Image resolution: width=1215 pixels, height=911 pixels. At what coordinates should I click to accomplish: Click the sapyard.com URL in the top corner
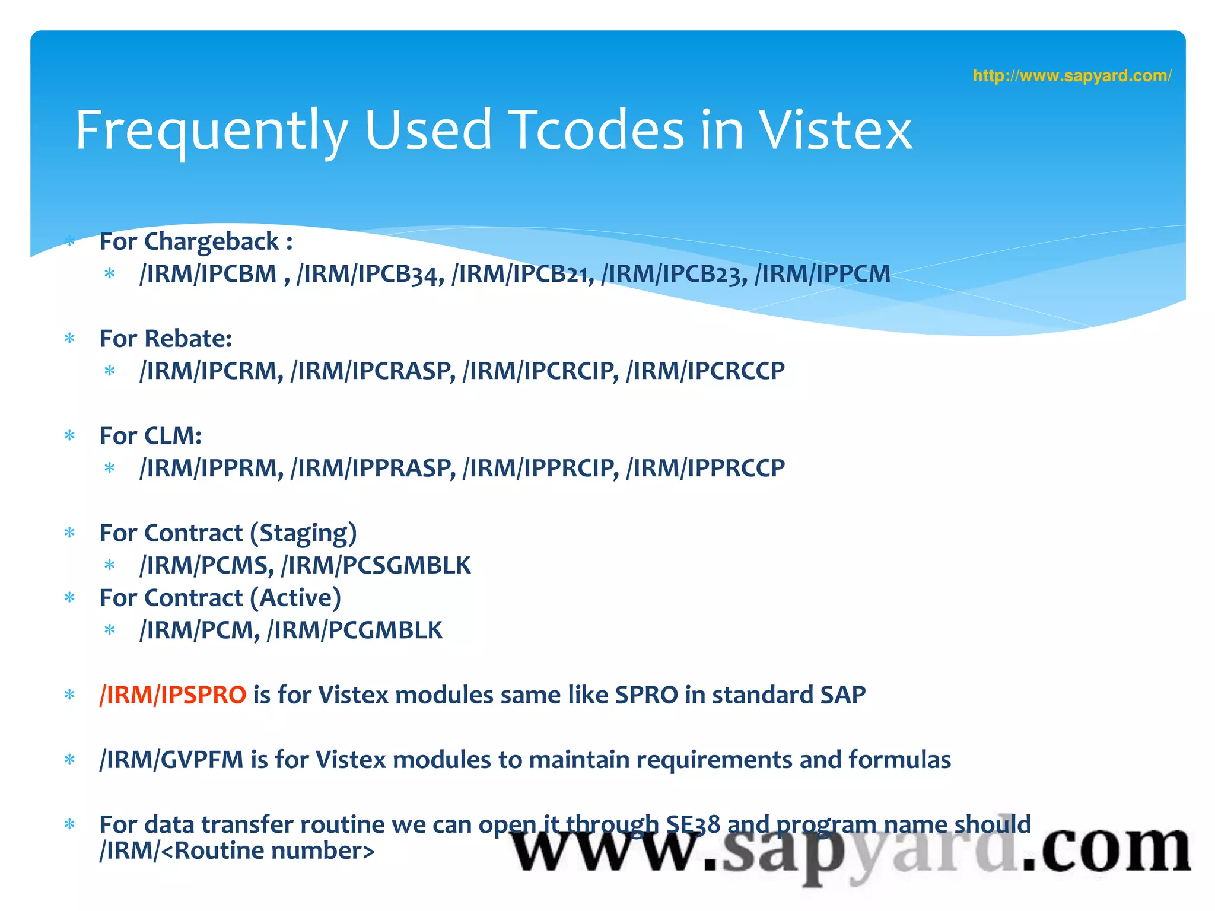point(1071,76)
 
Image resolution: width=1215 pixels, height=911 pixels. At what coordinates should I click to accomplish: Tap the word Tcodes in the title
point(597,130)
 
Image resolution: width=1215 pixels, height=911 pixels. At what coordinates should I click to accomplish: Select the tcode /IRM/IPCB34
point(370,274)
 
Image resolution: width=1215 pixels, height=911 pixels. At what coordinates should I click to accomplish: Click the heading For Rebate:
point(166,339)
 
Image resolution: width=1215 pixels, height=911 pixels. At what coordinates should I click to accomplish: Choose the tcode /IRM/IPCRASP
point(373,371)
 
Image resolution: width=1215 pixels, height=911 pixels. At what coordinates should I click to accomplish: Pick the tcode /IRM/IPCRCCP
point(706,371)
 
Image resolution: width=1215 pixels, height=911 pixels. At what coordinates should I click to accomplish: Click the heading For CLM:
point(151,436)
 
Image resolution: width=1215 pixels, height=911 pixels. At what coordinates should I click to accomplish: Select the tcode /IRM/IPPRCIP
point(540,469)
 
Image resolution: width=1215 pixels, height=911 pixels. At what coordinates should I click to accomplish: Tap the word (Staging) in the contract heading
point(303,533)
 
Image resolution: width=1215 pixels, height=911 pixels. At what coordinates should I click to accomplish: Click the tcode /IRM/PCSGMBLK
point(376,566)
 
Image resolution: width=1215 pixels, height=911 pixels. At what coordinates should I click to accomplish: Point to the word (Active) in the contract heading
point(295,598)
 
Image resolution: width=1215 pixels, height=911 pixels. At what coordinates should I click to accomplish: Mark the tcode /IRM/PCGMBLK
point(355,630)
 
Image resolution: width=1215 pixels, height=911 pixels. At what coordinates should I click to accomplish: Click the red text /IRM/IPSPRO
point(173,695)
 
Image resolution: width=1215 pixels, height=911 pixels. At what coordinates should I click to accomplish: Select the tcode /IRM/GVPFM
point(171,760)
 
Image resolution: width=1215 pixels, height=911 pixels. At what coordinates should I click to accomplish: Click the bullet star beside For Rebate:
point(70,339)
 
